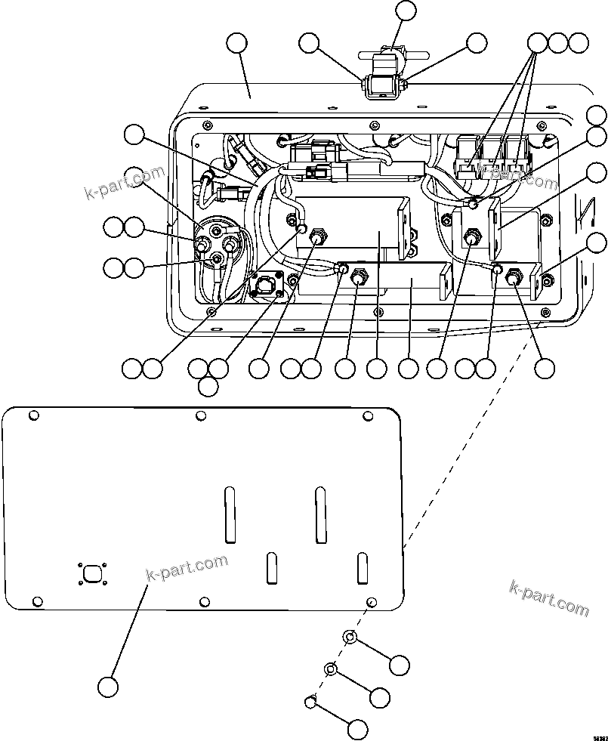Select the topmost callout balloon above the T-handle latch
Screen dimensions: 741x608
pos(406,11)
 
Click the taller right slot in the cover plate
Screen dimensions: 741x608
pos(320,514)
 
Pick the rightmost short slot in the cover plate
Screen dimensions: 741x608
pos(362,568)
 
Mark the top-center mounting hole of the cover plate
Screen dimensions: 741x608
pos(200,415)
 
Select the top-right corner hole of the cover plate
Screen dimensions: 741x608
pos(369,415)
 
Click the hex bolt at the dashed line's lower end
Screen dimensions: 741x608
pos(310,702)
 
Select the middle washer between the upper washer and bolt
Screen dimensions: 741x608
pos(331,669)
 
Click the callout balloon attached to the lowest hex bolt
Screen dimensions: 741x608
pos(357,730)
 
